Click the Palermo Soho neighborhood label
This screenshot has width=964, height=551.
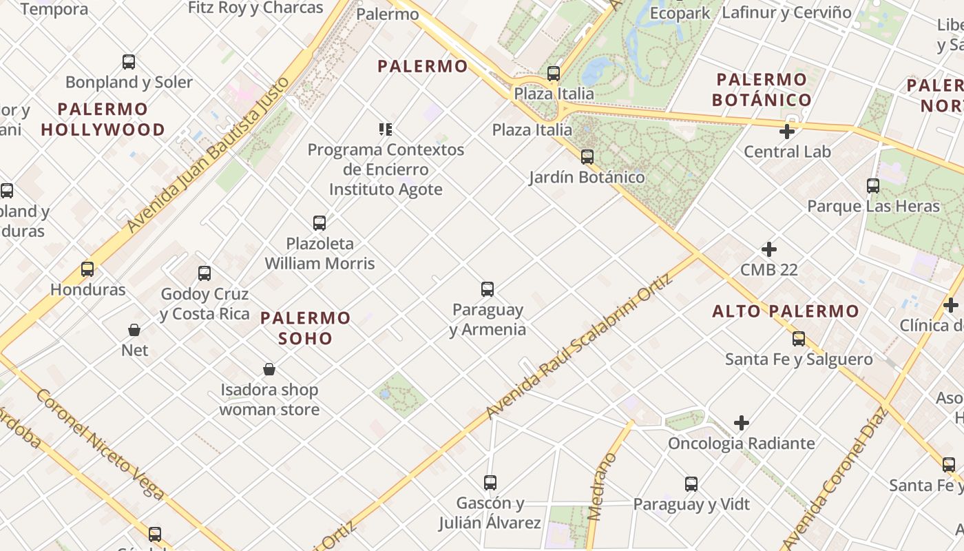point(306,328)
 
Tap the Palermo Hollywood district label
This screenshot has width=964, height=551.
point(103,119)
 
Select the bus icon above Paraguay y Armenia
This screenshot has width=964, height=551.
point(488,289)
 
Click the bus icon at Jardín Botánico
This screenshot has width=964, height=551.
point(587,157)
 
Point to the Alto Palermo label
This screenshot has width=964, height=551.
point(786,311)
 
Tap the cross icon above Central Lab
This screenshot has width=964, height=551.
point(787,132)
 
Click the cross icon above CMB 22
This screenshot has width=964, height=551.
point(769,249)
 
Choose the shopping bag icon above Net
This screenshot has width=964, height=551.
point(134,330)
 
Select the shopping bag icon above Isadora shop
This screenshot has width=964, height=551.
point(269,370)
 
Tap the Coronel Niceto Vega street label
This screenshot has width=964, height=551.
point(100,444)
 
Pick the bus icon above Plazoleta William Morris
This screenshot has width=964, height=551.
point(319,223)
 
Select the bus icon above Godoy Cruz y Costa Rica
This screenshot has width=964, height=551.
point(205,273)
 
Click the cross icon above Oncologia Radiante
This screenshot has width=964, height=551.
point(742,423)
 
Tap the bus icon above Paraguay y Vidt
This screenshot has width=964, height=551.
point(691,484)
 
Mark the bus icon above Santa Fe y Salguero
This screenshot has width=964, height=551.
point(799,339)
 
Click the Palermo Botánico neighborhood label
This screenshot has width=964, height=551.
point(762,90)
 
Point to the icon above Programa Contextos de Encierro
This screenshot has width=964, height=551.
point(386,129)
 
